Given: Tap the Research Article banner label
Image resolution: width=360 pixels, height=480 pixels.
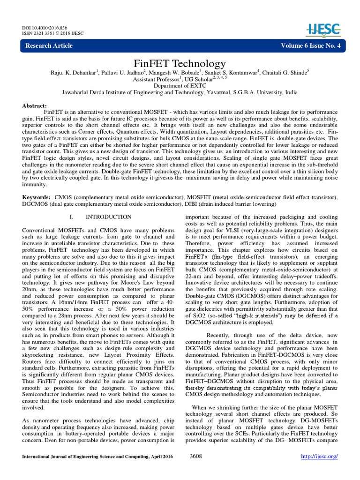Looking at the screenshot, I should pyautogui.click(x=49, y=45).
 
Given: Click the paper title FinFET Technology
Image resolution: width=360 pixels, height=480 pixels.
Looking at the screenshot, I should pyautogui.click(x=180, y=63).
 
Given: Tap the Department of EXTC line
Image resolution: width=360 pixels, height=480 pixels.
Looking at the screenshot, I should pyautogui.click(x=180, y=86).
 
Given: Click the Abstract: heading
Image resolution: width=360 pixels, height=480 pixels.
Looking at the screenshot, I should pyautogui.click(x=35, y=106).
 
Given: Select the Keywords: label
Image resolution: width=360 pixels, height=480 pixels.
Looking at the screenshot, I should pyautogui.click(x=37, y=198).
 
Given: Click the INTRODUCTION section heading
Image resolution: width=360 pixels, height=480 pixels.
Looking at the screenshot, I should pyautogui.click(x=108, y=217).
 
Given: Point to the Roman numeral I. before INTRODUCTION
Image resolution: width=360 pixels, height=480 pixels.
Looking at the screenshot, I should pyautogui.click(x=71, y=217).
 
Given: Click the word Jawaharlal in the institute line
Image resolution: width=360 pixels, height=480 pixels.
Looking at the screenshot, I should pyautogui.click(x=78, y=93).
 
